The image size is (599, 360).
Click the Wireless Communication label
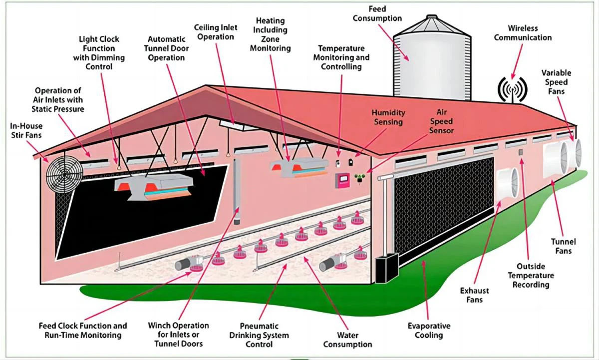point(523,33)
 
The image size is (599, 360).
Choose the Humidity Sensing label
point(388,118)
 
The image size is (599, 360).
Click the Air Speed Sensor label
point(441,121)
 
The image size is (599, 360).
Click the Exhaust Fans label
point(474,295)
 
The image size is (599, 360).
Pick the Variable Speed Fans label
point(556,82)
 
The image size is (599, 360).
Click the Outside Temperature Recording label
point(531,276)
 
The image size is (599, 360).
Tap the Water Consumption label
point(347,340)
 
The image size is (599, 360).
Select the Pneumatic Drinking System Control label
point(259,335)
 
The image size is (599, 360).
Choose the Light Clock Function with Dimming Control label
point(99,52)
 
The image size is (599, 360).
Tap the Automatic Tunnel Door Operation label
point(167,48)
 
